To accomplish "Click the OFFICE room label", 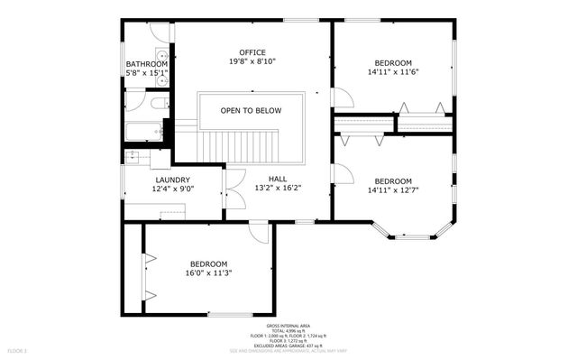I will (252, 51).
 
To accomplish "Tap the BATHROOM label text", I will (147, 64).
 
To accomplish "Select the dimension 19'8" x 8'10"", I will (252, 61).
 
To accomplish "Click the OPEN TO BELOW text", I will (251, 111).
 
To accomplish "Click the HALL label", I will (277, 179).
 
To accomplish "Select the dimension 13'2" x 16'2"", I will (277, 189).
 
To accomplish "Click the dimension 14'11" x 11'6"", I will (394, 72).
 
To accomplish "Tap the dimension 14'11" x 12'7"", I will (394, 189).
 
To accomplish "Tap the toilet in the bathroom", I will (159, 104).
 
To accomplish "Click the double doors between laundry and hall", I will (233, 189).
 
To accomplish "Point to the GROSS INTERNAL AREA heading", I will (288, 325).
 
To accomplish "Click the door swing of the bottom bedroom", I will (261, 232).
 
